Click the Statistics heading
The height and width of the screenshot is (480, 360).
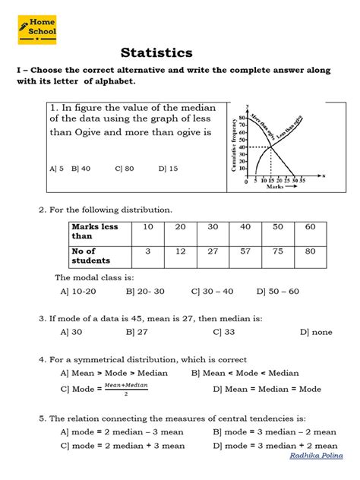(156, 52)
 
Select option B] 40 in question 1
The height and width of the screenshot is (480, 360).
(81, 169)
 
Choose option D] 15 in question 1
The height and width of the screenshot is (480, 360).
(169, 169)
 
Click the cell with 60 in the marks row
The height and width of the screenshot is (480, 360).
(309, 227)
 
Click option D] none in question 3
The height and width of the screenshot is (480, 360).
(316, 332)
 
